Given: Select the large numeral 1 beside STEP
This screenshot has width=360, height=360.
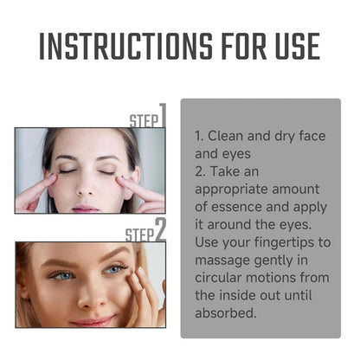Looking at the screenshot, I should (x=161, y=115).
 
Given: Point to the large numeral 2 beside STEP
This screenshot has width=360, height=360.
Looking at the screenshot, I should (x=160, y=229).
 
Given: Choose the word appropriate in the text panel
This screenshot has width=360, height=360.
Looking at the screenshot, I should (x=235, y=188).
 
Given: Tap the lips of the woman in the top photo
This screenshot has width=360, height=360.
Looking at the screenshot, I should (x=87, y=206).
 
